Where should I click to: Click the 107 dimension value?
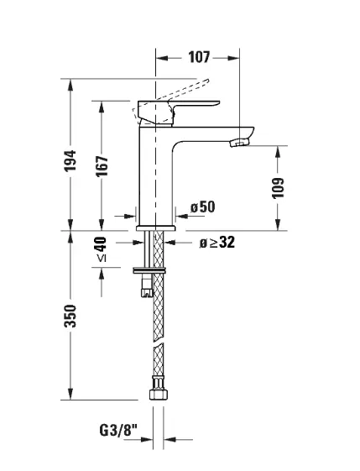point(199,57)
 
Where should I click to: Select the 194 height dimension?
point(70,160)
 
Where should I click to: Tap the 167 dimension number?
point(102,166)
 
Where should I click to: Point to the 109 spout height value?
point(278,188)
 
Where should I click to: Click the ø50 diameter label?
point(203,207)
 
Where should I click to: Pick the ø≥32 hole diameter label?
point(217,242)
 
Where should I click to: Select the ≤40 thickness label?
point(102,249)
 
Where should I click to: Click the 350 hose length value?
point(70,316)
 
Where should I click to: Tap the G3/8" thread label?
point(118,430)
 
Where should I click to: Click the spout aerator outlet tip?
point(240,143)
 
